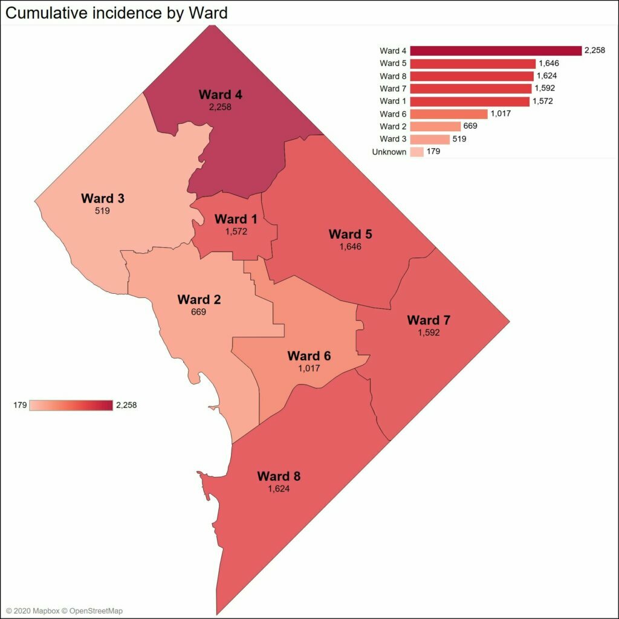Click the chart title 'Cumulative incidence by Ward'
pos(117,13)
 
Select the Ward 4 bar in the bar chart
pos(495,51)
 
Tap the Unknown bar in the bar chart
pos(416,152)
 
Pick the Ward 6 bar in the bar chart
pos(449,114)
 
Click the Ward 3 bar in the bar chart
pos(430,139)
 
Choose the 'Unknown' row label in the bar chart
pos(389,152)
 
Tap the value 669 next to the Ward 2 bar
pos(470,126)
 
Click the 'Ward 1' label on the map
pos(231,219)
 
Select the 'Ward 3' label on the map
pos(102,199)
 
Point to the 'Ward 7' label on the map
pos(429,320)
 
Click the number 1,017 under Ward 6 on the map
pos(309,368)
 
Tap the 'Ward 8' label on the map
pos(279,476)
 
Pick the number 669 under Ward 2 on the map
pos(198,312)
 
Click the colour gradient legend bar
pos(71,405)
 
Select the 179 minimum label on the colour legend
pos(20,405)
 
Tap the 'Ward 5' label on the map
pos(350,234)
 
